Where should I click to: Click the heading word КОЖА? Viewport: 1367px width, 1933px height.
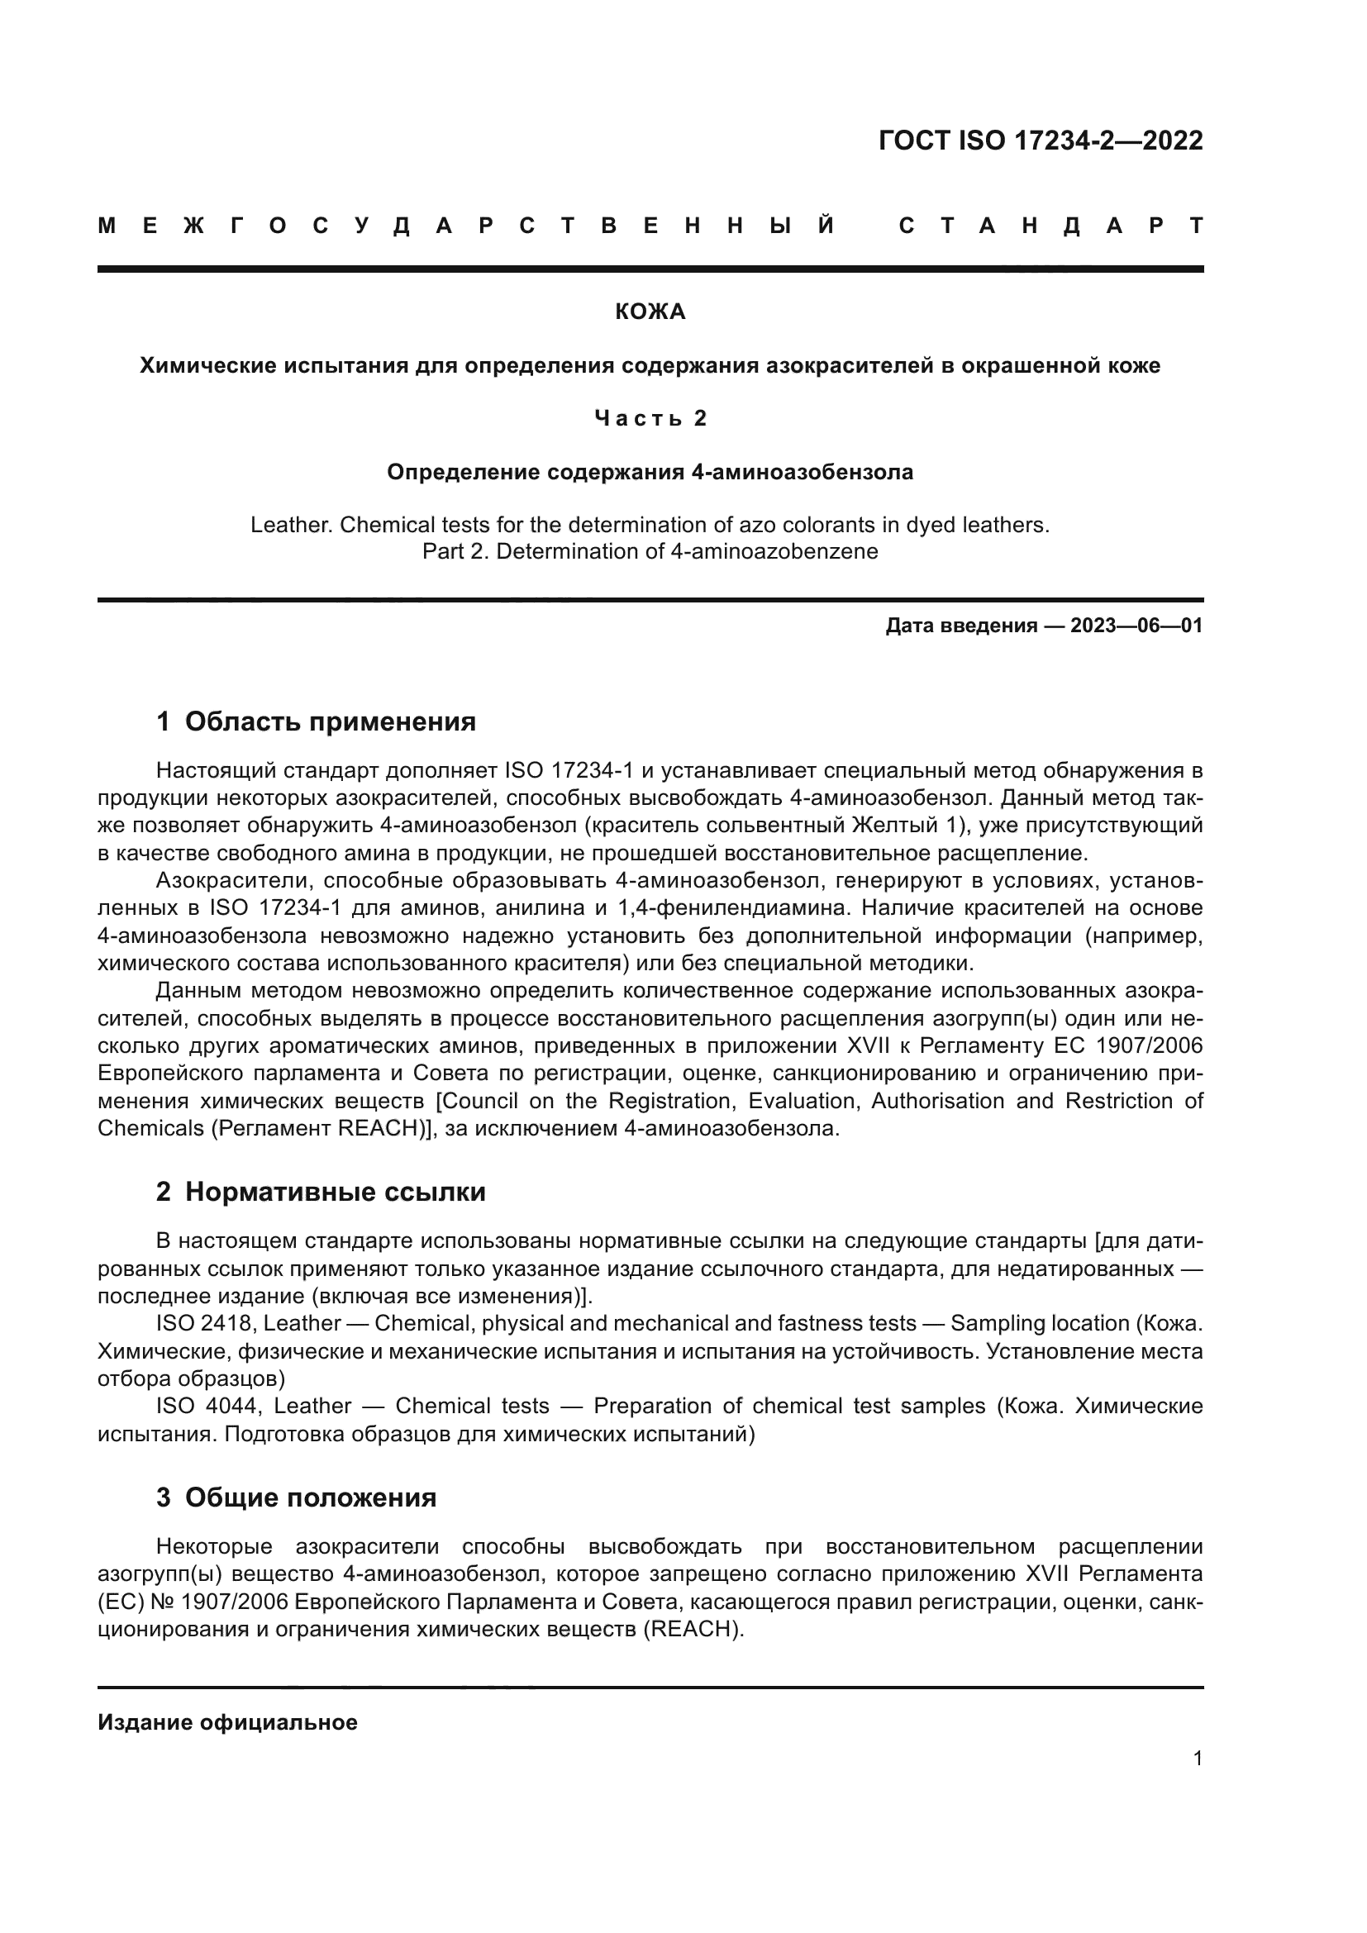coord(650,312)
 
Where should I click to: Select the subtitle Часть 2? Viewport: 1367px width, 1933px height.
coord(650,418)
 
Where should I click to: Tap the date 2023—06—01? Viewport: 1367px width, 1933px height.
coord(1136,626)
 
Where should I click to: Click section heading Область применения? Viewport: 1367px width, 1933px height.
coord(330,721)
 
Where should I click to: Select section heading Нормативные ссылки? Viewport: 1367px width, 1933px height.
coord(335,1193)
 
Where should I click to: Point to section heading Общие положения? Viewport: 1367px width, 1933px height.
coord(311,1497)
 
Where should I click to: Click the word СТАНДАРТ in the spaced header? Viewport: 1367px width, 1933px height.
coord(1050,226)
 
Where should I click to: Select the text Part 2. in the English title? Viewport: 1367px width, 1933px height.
coord(455,551)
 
